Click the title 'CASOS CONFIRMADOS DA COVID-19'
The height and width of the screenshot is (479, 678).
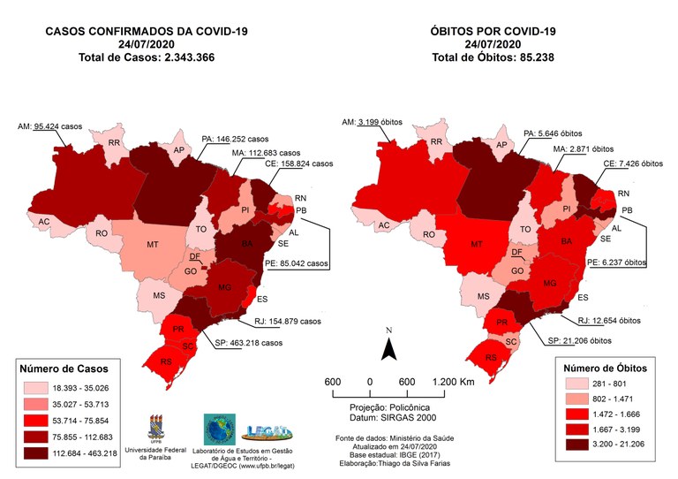click(147, 31)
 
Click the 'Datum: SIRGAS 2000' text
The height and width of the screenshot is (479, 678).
click(388, 417)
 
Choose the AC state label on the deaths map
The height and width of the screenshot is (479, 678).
click(384, 226)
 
